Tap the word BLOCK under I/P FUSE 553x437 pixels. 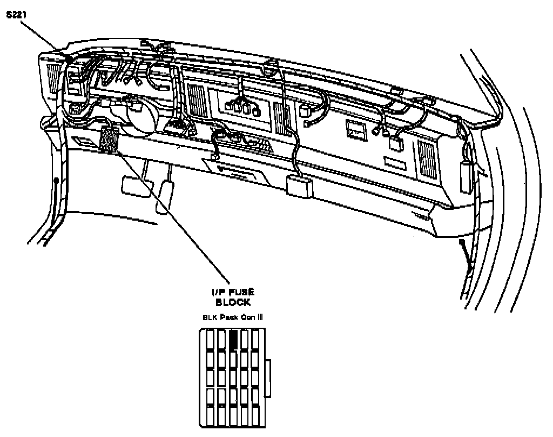click(x=233, y=302)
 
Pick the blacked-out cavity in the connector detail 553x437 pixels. click(x=233, y=339)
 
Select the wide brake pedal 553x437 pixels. click(x=132, y=186)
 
